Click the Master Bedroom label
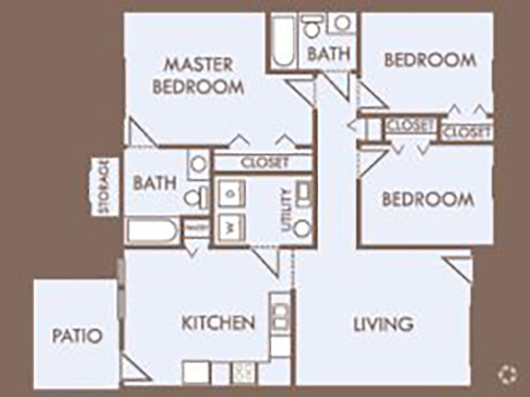tap(198, 75)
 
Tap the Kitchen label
tap(219, 323)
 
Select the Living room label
tap(384, 324)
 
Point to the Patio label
tap(77, 335)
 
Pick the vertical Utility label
tap(286, 209)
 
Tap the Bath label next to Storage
tap(154, 183)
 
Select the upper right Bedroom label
tap(430, 60)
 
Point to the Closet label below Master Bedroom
tap(265, 162)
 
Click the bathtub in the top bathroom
tap(284, 40)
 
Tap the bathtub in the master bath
tap(152, 233)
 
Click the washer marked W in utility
tap(230, 224)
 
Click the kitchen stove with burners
tap(242, 372)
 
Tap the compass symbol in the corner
tap(507, 374)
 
